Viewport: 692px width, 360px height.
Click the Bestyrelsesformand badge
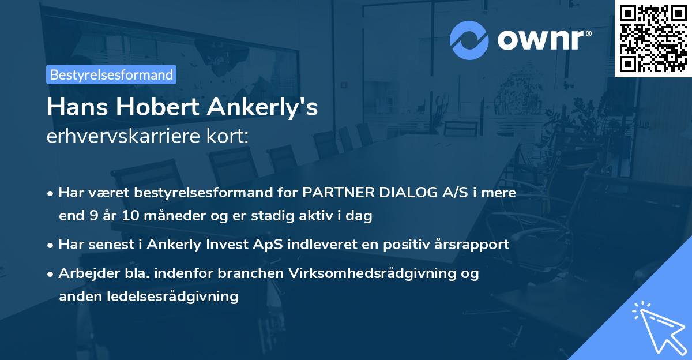(111, 74)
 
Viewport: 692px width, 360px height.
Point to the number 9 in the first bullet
(93, 216)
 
